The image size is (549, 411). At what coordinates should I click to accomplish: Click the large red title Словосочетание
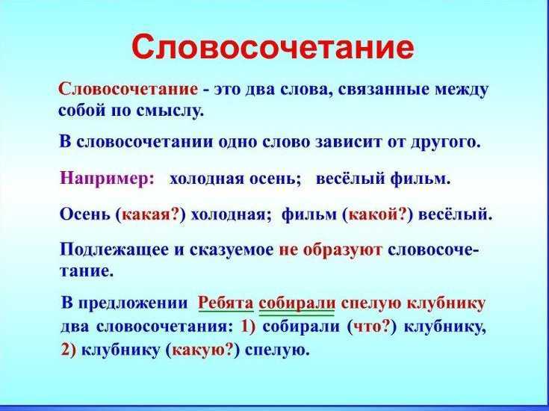coord(273,47)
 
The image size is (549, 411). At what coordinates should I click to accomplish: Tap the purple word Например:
coord(108,179)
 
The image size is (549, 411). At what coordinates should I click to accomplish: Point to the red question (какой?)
coord(378,214)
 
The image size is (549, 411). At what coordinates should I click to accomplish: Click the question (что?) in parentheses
coord(372,327)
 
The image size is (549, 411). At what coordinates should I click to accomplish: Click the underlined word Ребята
coord(226,304)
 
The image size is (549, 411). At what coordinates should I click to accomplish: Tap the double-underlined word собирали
coord(297,304)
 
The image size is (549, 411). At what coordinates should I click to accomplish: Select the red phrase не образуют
coord(330,250)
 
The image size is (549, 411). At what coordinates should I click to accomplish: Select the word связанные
coord(383,90)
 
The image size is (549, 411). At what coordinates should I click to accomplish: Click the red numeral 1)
coord(249,327)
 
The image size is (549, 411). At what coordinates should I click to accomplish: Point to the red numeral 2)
coord(68,350)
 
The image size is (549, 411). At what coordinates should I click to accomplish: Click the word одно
coord(238,143)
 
